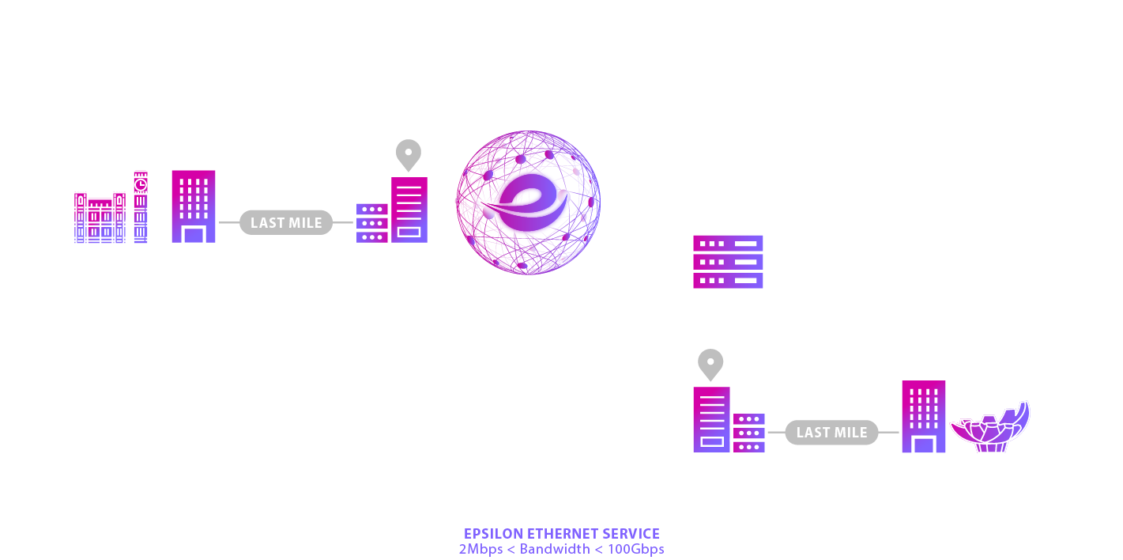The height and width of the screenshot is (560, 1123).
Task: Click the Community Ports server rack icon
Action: (x=728, y=262)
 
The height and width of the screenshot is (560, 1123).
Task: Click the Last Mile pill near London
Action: (x=286, y=223)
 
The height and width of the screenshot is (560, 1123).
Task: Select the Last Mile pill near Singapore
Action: (x=831, y=433)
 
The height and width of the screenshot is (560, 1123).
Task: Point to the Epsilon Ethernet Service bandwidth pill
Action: (x=563, y=541)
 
